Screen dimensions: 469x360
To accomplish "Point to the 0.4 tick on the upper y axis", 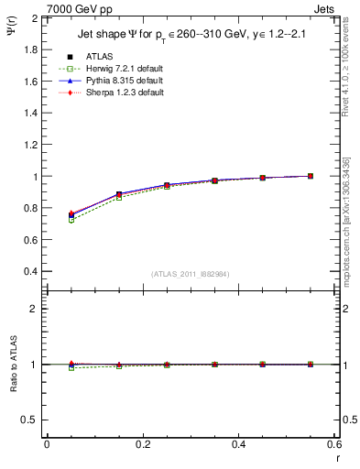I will point(31,272).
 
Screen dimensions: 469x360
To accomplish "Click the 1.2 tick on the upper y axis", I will point(31,145).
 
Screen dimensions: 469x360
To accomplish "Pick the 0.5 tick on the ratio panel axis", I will point(31,420).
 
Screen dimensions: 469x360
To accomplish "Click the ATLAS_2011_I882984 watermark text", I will point(191,274).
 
